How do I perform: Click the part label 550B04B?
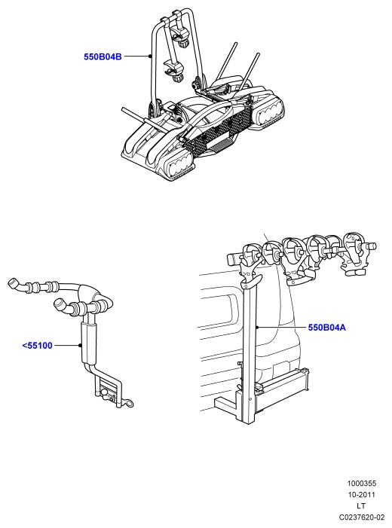(103, 56)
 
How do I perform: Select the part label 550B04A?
(327, 328)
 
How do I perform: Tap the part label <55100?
(37, 346)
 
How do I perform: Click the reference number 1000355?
(362, 484)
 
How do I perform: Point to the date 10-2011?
(362, 495)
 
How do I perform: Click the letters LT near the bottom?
(361, 505)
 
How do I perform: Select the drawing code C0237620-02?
(362, 517)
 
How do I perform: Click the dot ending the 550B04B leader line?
(151, 56)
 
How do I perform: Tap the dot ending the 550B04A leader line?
(257, 327)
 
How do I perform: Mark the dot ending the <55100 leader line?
(80, 345)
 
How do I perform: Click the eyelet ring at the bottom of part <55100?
(129, 402)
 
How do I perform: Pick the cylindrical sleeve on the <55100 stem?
(89, 342)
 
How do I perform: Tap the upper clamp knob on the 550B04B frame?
(183, 43)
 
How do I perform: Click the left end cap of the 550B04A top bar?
(233, 259)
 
